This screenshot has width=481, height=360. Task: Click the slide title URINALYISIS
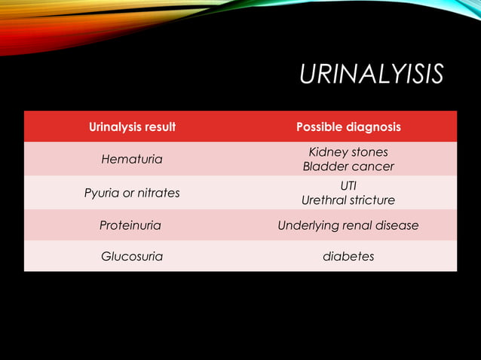[371, 75]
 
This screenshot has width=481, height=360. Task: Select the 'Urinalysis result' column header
[132, 127]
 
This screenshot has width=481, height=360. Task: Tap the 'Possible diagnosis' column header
[348, 127]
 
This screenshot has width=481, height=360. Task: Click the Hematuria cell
[132, 160]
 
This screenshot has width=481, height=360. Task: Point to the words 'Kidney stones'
[348, 152]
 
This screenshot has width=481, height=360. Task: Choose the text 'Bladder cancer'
[348, 166]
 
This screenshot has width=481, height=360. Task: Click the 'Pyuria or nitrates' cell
[132, 193]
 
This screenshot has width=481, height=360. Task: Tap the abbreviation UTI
[348, 185]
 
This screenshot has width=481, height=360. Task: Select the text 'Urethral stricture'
[348, 200]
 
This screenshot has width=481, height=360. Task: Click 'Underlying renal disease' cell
[348, 225]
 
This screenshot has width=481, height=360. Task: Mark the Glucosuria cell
[132, 256]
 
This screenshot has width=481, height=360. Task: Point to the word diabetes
[348, 256]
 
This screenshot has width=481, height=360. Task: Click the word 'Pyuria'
[102, 193]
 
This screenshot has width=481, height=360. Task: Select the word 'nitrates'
[158, 193]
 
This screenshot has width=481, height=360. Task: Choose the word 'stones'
[369, 152]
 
